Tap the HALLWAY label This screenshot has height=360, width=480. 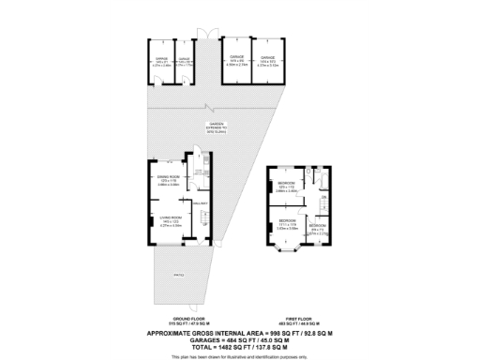coord(198,203)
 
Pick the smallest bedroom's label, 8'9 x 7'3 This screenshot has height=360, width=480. coord(319,228)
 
